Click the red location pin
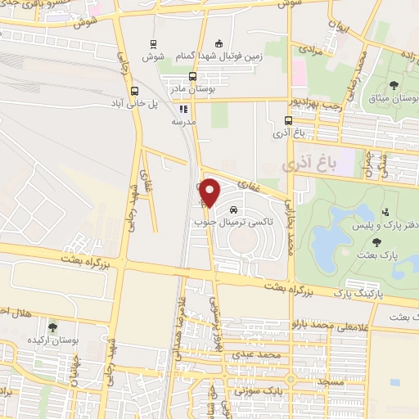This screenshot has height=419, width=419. coord(210,191)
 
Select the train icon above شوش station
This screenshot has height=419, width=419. coord(153,45)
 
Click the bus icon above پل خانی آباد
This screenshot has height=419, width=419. coord(134,92)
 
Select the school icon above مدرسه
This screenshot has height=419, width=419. coord(183,108)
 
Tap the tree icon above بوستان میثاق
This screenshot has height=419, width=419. coord(394,85)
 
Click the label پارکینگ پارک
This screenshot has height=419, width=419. coord(357,291)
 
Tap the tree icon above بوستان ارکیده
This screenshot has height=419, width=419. coord(53,327)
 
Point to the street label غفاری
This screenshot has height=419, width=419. coord(248,185)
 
